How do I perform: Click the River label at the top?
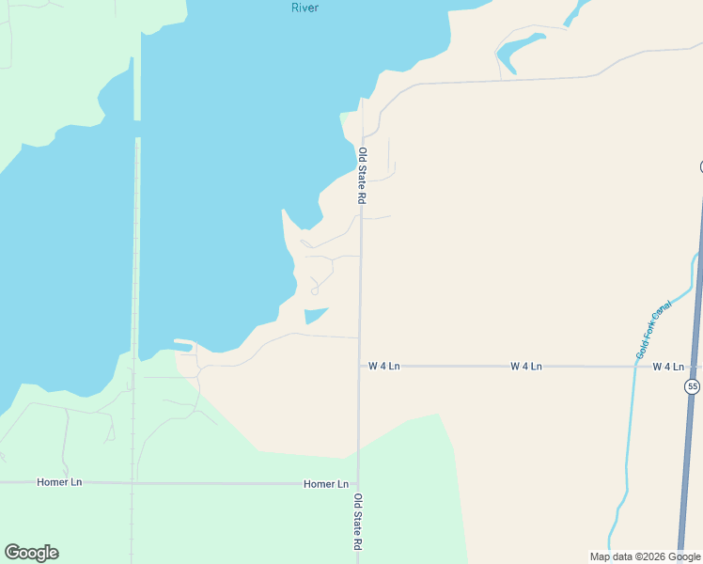click(305, 8)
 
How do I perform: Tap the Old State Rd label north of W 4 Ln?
click(361, 176)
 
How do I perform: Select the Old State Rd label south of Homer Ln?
click(357, 522)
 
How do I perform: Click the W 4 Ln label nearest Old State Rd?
click(384, 366)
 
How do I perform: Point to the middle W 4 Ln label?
click(526, 366)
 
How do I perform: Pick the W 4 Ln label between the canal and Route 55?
click(667, 366)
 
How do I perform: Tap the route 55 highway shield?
click(693, 386)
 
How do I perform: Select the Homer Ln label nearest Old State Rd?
click(326, 483)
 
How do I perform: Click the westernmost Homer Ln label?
click(59, 482)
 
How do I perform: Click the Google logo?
click(31, 553)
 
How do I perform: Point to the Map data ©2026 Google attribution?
click(646, 556)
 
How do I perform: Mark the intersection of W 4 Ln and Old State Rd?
click(359, 366)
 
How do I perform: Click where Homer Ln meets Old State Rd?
click(358, 483)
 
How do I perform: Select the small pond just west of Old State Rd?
click(315, 315)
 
